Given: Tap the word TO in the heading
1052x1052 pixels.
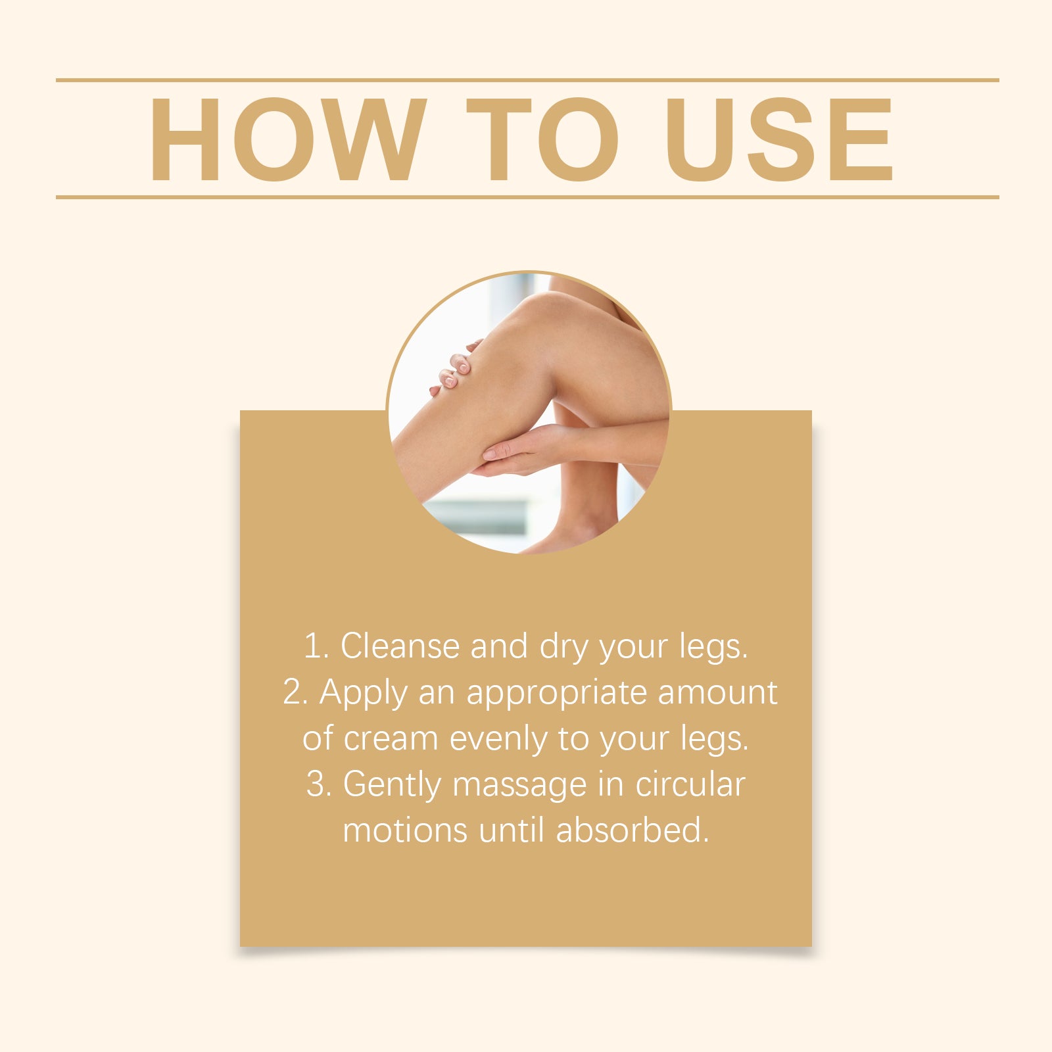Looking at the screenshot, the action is tap(542, 139).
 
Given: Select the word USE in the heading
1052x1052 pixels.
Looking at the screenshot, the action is tap(779, 139).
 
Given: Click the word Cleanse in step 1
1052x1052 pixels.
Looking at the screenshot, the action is tap(400, 646).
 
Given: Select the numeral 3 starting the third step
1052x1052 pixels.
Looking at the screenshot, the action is tap(318, 784).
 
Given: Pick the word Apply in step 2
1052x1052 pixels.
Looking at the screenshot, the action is tap(364, 694).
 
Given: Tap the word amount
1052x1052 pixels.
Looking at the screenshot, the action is tap(717, 692).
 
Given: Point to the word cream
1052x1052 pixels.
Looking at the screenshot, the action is tap(391, 739).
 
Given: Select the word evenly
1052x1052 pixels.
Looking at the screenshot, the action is tap(498, 740).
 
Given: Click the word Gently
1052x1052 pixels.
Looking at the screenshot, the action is tap(392, 786).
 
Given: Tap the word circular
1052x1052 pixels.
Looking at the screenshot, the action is tap(690, 784).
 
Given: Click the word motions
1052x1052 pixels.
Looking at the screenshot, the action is tap(405, 830).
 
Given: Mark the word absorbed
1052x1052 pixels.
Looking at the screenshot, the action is tap(633, 830).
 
